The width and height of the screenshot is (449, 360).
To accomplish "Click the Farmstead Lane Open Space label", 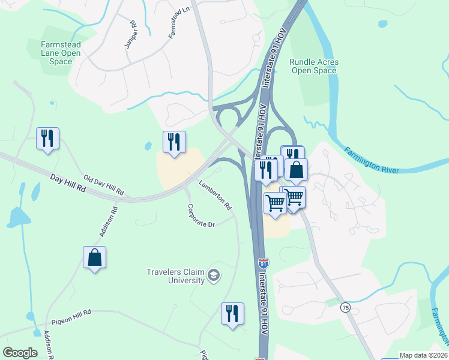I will click(x=61, y=53).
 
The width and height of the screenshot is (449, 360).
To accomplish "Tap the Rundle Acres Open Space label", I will click(x=313, y=66).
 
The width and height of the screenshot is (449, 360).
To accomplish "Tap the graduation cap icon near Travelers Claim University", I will click(x=214, y=275).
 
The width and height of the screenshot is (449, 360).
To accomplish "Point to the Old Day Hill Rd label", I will click(x=103, y=185).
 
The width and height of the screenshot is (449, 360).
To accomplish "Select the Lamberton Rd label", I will click(x=215, y=196).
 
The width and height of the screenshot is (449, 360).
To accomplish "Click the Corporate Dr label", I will click(x=200, y=216).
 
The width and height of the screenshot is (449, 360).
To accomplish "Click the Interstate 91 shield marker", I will click(x=263, y=263).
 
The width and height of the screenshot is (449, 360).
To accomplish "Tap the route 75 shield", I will click(x=345, y=307).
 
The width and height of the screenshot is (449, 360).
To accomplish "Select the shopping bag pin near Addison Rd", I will click(x=94, y=258).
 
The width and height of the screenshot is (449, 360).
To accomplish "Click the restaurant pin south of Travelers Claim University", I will click(x=232, y=314).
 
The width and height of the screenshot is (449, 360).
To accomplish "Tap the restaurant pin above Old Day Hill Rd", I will click(x=47, y=139).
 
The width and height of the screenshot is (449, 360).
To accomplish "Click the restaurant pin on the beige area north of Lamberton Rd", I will click(x=174, y=142).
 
